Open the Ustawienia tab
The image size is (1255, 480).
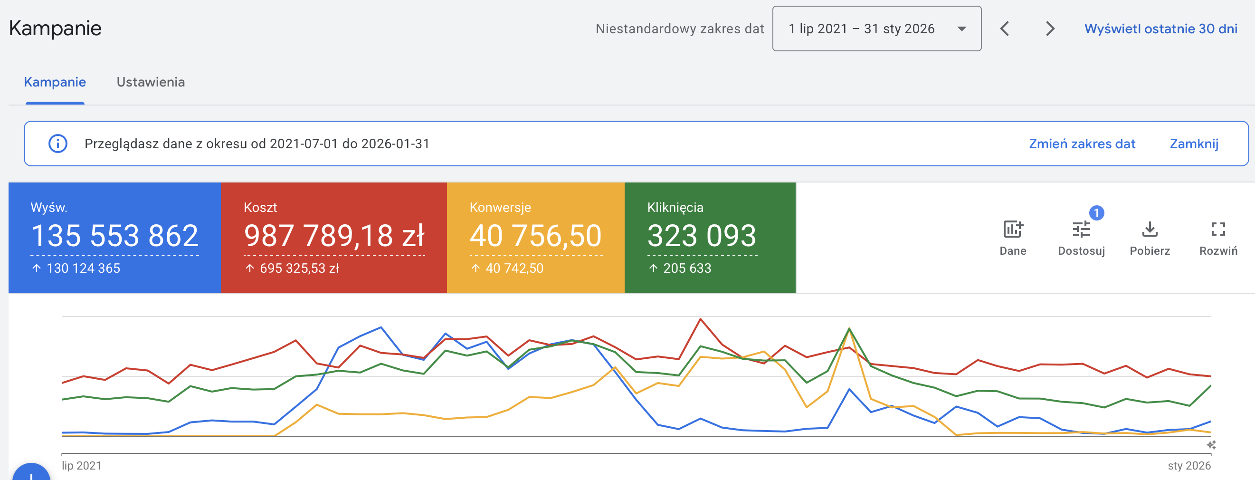pos(151,82)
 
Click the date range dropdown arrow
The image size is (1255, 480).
pos(961,29)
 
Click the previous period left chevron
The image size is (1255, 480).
pos(1005,29)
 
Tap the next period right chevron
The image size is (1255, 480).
pos(1050,29)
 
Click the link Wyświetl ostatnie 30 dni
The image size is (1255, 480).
pos(1160,29)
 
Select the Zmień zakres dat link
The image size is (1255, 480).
pos(1082,144)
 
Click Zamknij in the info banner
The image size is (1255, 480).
pos(1194,144)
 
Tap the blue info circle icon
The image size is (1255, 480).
pos(58,144)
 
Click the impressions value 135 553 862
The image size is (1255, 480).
pos(114,236)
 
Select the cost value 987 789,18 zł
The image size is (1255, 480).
pos(334,236)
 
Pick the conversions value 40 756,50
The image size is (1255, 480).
pos(535,236)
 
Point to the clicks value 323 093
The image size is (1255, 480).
pos(702,236)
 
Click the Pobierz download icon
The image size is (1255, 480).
pos(1150,229)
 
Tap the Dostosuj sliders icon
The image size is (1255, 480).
pos(1081,229)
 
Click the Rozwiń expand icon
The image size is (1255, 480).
pos(1218,229)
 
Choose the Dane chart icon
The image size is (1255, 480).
pos(1013,229)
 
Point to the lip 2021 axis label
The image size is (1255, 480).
pos(81,466)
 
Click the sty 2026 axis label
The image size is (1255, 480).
pos(1189,466)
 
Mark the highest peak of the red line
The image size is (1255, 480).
pos(701,319)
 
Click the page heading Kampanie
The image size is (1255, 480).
pos(55,28)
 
